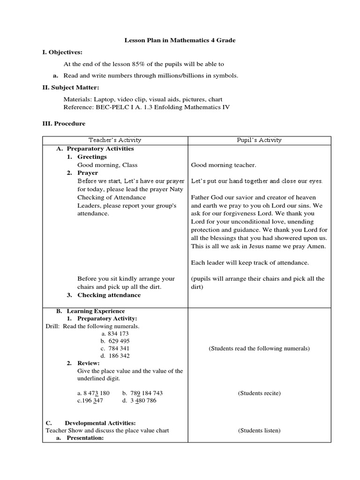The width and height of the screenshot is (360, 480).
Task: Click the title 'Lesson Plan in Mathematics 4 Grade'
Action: pyautogui.click(x=180, y=40)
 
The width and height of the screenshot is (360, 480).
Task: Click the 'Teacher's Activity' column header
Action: pyautogui.click(x=115, y=140)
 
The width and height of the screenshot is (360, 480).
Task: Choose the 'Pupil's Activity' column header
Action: pyautogui.click(x=259, y=140)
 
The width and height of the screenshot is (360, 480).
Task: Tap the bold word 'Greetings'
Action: pyautogui.click(x=92, y=157)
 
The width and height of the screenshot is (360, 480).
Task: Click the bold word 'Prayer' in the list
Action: pyautogui.click(x=88, y=172)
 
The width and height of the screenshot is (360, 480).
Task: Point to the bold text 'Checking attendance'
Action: pyautogui.click(x=109, y=295)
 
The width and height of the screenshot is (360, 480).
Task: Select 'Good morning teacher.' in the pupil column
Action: pyautogui.click(x=224, y=165)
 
